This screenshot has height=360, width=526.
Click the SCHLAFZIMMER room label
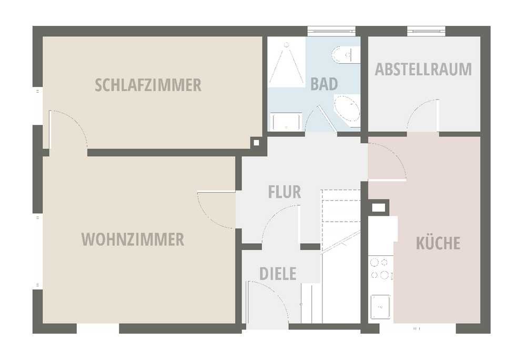(x=148, y=85)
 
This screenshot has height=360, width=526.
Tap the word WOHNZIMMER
(x=133, y=239)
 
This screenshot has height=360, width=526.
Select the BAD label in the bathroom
(x=324, y=84)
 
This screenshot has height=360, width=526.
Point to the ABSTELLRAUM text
(x=423, y=69)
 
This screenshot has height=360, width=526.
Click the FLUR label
(x=285, y=192)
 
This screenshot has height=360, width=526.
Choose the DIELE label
(x=278, y=274)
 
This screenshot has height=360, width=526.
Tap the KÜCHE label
(x=438, y=243)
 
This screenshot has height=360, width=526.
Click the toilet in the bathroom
(x=346, y=54)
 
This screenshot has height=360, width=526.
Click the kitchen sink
(x=380, y=307)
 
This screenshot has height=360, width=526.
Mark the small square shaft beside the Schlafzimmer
(x=256, y=143)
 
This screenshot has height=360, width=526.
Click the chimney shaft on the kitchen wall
(x=378, y=208)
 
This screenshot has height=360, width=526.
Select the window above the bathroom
(x=331, y=31)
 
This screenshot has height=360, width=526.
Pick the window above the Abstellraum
(x=427, y=31)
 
